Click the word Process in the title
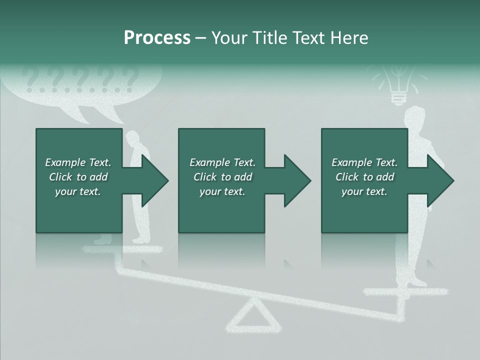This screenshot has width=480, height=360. tap(157, 38)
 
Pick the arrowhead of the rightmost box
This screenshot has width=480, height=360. tap(440, 181)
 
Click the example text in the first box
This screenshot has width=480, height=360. tap(78, 177)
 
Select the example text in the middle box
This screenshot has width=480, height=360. tap(222, 177)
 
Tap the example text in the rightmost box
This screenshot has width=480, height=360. tap(364, 177)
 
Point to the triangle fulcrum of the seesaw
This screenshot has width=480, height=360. tap(254, 317)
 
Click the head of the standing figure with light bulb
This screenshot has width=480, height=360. tap(415, 117)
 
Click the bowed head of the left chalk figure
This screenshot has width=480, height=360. tap(133, 138)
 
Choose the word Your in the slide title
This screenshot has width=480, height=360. tap(228, 38)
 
